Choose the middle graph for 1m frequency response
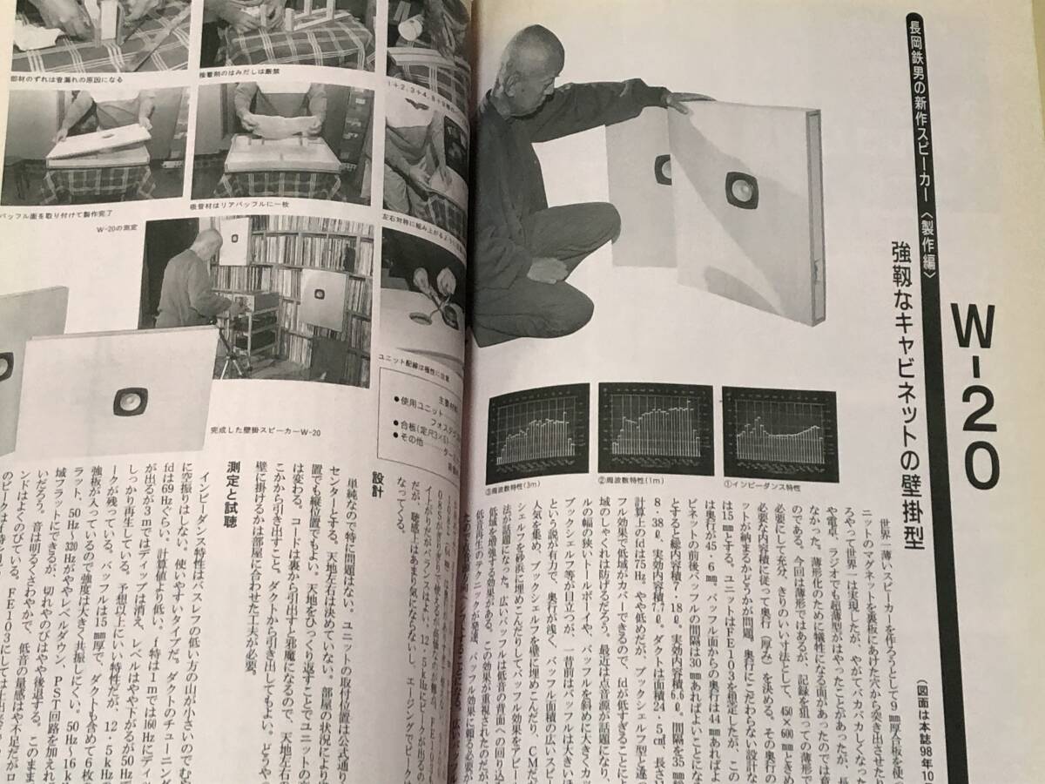[656, 426]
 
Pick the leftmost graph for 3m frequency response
[537, 429]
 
